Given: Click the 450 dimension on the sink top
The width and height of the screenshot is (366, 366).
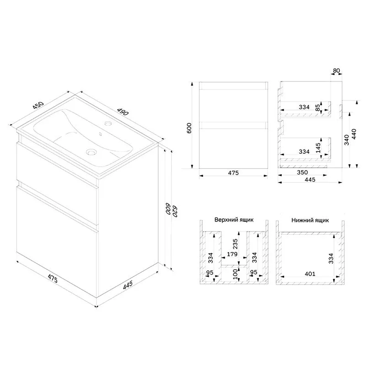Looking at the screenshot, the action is [x=38, y=105].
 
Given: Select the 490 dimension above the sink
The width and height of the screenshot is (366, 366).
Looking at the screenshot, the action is [x=123, y=112].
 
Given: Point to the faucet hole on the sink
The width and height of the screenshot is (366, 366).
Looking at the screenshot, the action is [x=108, y=123].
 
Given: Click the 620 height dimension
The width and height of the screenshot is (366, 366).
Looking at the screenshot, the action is [x=175, y=211].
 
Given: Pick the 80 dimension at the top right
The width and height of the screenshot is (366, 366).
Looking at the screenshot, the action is [x=336, y=70].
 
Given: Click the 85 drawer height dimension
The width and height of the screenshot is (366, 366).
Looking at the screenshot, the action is [x=318, y=108].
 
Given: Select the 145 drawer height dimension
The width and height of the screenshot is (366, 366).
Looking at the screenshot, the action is [x=318, y=148].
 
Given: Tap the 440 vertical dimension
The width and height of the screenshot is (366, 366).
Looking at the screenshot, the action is [x=354, y=134].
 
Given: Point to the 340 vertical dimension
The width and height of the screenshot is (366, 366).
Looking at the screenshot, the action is [x=347, y=140].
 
